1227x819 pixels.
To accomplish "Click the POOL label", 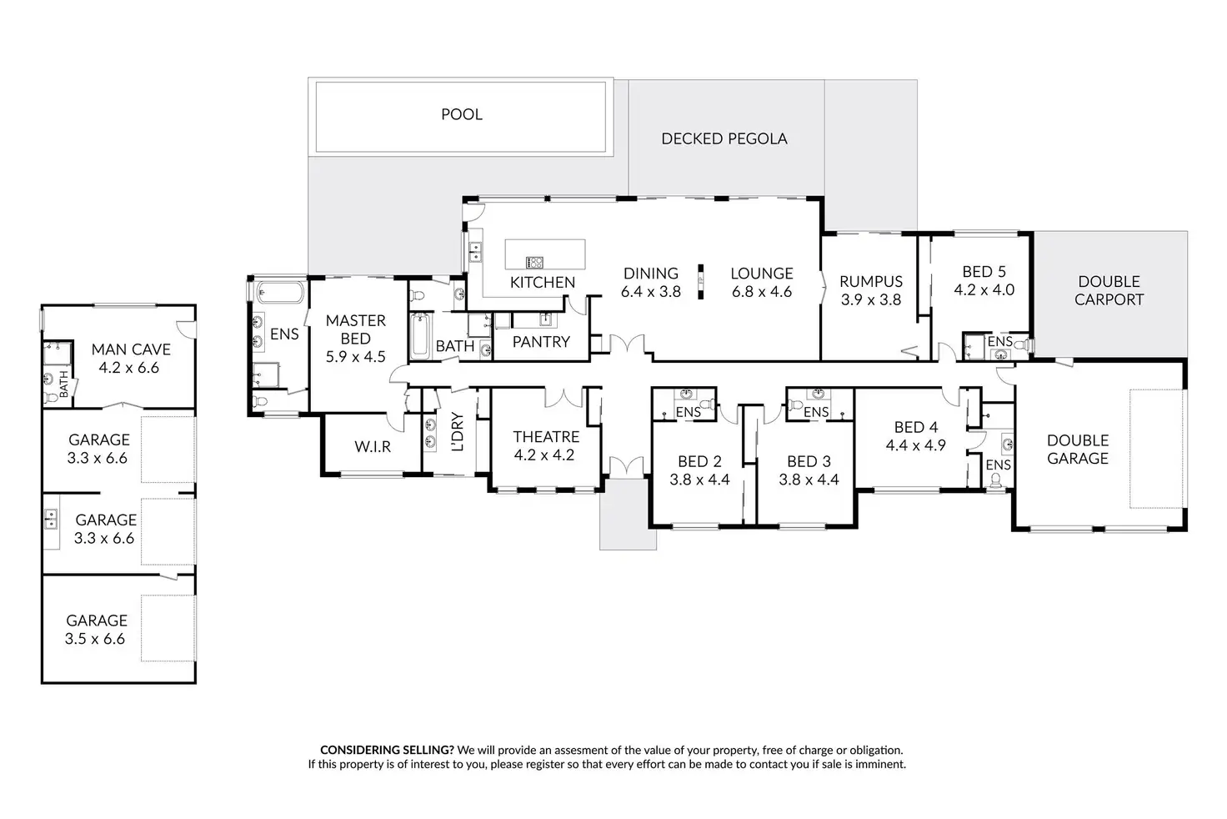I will [x=461, y=114].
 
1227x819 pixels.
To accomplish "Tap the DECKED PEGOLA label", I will [x=724, y=138].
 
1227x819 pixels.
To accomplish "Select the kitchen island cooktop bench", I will [x=545, y=254].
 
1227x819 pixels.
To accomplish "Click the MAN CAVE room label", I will [x=131, y=349].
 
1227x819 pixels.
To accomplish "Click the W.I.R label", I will [x=373, y=447].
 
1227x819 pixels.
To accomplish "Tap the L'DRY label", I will [x=457, y=432].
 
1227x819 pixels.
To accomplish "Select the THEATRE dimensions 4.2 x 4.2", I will [x=546, y=455].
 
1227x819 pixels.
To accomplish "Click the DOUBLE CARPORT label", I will [x=1109, y=290].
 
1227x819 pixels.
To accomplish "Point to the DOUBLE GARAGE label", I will [x=1077, y=449].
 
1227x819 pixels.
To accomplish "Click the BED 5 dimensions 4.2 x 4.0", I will [x=984, y=290].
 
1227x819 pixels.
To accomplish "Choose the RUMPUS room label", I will [x=871, y=282].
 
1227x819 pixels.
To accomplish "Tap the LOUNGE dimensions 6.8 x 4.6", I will [x=761, y=292].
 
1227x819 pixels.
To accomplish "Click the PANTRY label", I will [x=541, y=342].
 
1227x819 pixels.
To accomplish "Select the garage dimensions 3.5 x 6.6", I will [x=95, y=639].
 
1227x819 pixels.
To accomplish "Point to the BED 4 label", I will [x=915, y=427].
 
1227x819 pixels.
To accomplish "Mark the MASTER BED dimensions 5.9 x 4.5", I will [x=356, y=357].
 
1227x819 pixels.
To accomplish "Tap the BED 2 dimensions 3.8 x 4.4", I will [x=699, y=480].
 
